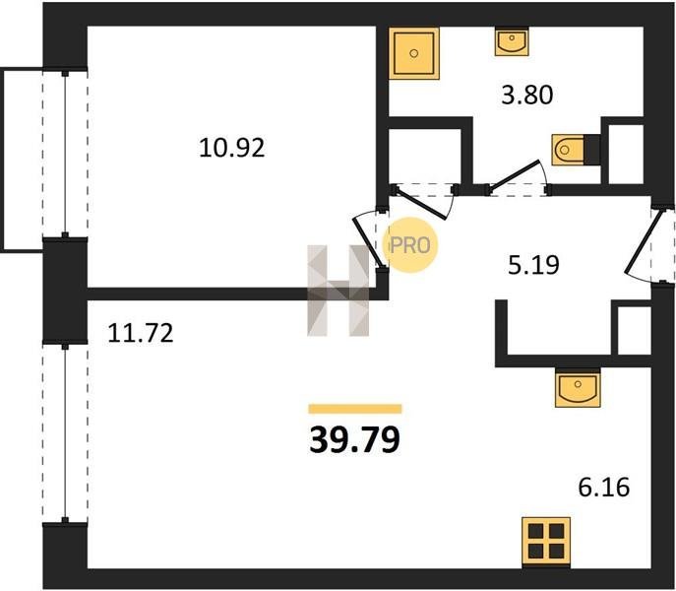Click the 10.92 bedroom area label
[x=231, y=148]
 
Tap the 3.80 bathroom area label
[x=526, y=95]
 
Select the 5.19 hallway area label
[x=533, y=265]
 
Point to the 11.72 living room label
[x=140, y=333]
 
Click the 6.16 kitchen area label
[x=603, y=488]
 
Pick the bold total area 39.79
[x=355, y=440]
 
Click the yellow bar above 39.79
[x=355, y=409]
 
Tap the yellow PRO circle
[x=410, y=245]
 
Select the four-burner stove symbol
[x=546, y=542]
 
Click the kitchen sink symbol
[x=578, y=387]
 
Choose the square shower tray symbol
[x=414, y=53]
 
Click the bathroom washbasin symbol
[x=512, y=41]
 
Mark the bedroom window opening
[x=65, y=154]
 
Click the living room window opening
[x=65, y=432]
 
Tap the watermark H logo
[x=338, y=291]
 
